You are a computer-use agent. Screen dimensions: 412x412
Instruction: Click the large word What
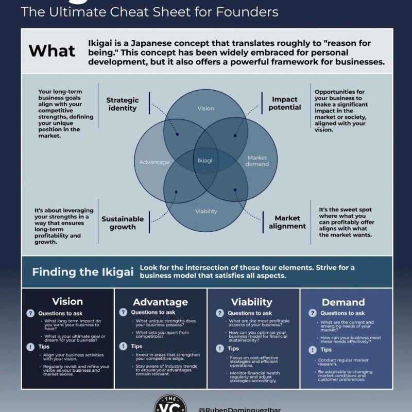tap(51, 50)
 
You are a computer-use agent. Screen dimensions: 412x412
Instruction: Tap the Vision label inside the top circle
tap(205, 109)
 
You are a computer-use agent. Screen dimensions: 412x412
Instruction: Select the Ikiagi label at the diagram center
tap(205, 160)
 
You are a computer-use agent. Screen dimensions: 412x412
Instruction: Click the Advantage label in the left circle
tap(154, 162)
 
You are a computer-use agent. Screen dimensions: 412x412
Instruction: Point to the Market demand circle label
tap(257, 161)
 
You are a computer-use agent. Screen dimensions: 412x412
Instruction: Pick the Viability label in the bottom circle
tap(206, 211)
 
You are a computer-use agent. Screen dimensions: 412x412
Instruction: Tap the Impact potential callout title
tap(285, 103)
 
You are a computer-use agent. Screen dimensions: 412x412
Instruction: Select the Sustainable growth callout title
tap(123, 222)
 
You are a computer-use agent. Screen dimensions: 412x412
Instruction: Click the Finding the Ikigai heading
tap(83, 272)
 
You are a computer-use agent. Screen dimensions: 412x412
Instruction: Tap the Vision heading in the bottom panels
tap(67, 301)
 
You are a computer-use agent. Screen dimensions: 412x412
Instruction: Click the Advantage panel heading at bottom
tap(160, 302)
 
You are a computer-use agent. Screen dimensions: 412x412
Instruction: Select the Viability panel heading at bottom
tap(251, 302)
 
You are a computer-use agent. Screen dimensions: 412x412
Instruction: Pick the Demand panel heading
tap(343, 302)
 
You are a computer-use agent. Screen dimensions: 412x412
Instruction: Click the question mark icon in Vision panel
tap(31, 313)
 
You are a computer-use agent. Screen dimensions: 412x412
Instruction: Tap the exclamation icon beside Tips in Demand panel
tap(312, 350)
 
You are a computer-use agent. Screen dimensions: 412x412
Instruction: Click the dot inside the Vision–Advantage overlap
tap(177, 134)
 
